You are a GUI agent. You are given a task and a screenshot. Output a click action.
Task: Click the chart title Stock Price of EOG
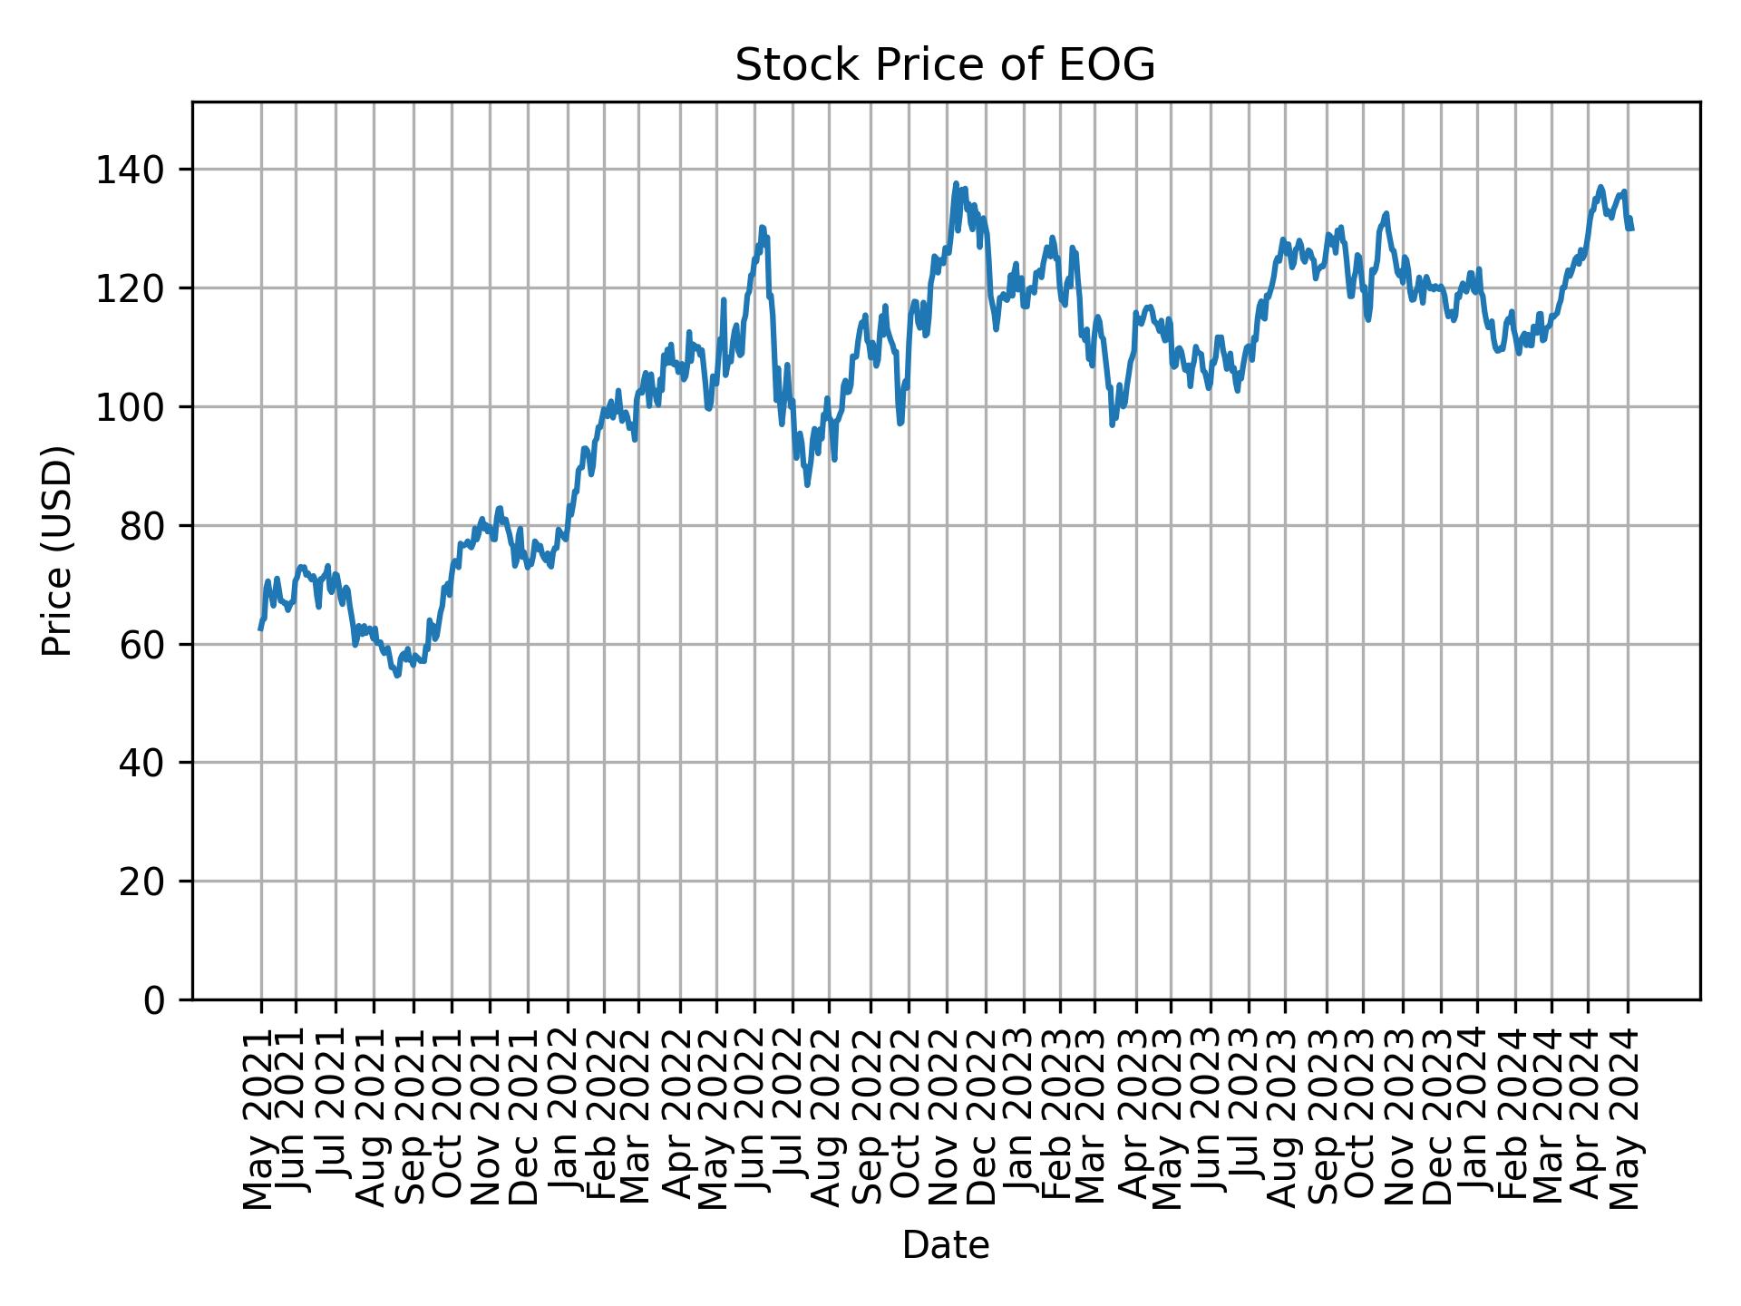945,65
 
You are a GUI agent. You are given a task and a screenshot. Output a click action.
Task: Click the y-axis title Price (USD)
56,551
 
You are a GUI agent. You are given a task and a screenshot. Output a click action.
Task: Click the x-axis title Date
945,1245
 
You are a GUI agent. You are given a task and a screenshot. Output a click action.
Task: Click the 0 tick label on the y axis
155,999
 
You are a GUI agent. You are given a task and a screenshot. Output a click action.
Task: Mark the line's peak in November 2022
956,183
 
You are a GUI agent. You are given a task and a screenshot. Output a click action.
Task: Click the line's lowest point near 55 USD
396,676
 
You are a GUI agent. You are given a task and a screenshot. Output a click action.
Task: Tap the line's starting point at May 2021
261,629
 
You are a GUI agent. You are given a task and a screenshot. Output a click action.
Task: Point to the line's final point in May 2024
1631,229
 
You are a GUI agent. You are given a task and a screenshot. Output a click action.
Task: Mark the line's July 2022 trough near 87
807,485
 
